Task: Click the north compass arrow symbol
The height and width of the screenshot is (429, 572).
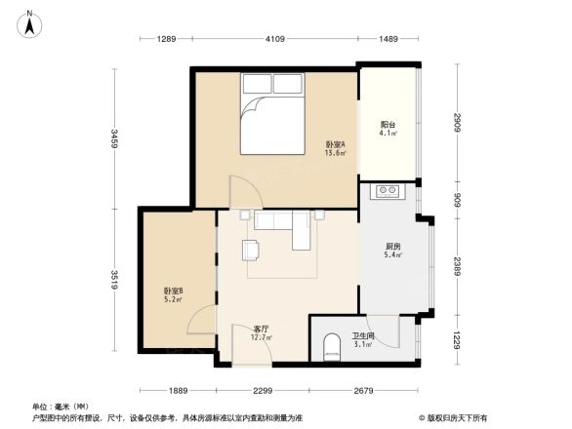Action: [30, 22]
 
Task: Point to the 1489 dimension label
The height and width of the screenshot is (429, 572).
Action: [389, 38]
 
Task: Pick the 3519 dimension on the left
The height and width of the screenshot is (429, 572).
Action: [114, 280]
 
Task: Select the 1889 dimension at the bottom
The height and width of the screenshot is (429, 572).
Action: [175, 391]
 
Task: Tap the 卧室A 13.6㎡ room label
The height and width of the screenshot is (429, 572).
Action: [336, 148]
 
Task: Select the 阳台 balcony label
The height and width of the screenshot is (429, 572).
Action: [388, 128]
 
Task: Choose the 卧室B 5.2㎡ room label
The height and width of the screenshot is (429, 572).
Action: [174, 295]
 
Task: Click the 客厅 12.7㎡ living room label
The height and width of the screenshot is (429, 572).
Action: [262, 333]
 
